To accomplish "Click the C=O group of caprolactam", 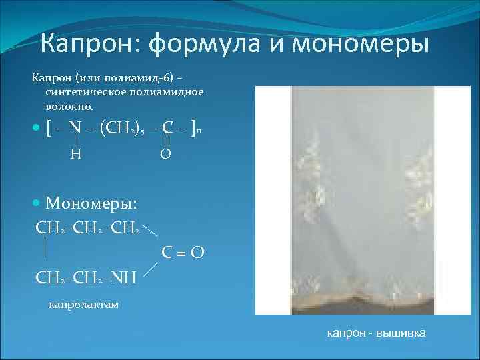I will [x=182, y=253].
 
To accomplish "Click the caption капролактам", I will [x=83, y=305].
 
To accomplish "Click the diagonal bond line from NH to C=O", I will [x=149, y=267].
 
